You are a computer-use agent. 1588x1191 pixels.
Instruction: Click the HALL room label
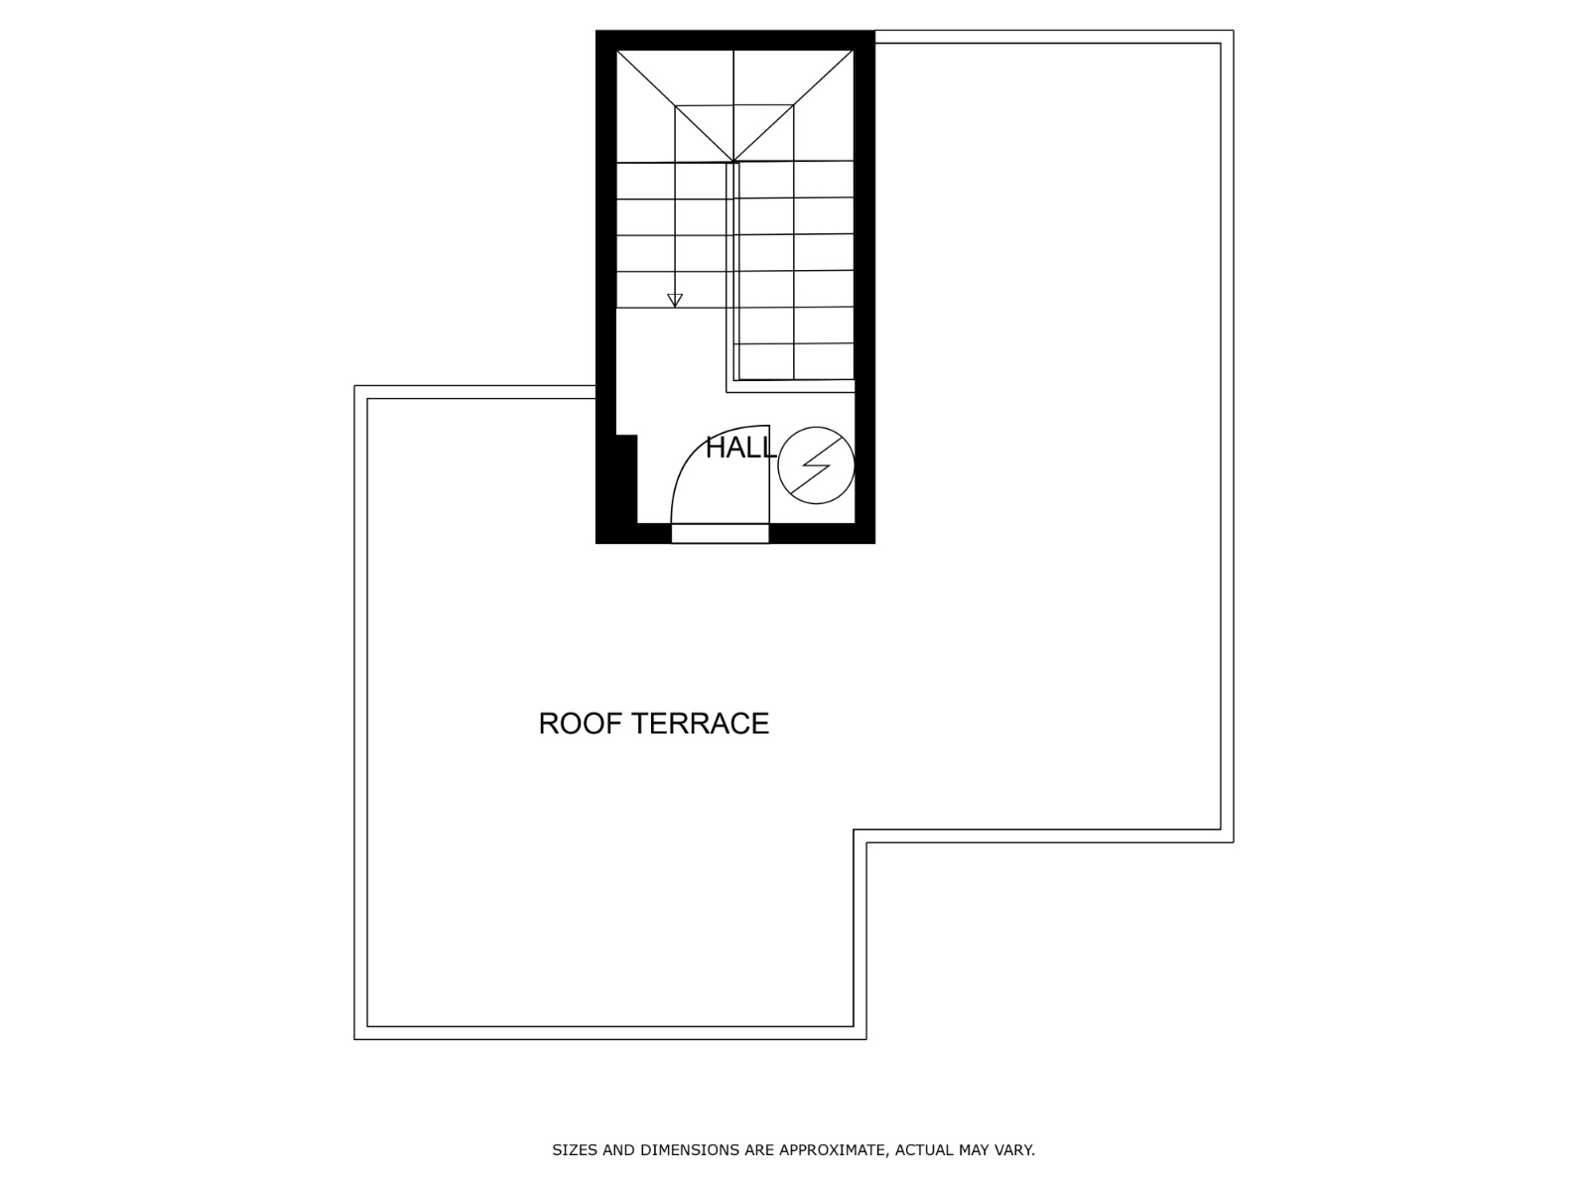pyautogui.click(x=740, y=448)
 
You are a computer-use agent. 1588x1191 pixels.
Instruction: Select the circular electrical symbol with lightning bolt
pyautogui.click(x=816, y=464)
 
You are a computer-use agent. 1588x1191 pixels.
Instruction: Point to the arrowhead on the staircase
pyautogui.click(x=675, y=300)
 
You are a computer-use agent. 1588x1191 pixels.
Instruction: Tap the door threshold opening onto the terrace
pyautogui.click(x=720, y=534)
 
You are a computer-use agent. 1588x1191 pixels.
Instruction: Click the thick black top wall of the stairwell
pyautogui.click(x=735, y=41)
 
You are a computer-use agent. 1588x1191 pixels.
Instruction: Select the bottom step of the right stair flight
pyautogui.click(x=794, y=361)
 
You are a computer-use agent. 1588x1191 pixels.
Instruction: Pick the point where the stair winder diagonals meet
pyautogui.click(x=733, y=162)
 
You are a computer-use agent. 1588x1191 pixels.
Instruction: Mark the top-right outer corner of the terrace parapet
pyautogui.click(x=1234, y=31)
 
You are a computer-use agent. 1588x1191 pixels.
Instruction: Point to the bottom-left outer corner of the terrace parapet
pyautogui.click(x=354, y=1039)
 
